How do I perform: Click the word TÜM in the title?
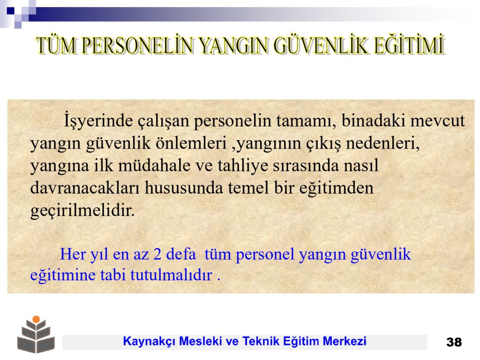click(x=56, y=45)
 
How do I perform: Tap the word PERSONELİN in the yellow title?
click(x=138, y=45)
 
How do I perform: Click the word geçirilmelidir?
click(x=82, y=211)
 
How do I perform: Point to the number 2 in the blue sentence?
click(x=157, y=255)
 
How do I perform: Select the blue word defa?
click(x=181, y=254)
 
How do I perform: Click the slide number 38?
click(x=454, y=342)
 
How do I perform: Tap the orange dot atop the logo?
click(x=36, y=319)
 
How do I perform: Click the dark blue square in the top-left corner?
click(x=10, y=11)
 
